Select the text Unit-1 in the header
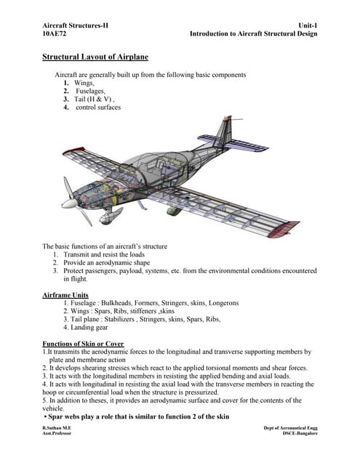[x=308, y=25]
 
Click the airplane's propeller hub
[x=71, y=203]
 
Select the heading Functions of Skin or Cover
[x=84, y=343]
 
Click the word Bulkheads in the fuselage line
[x=129, y=304]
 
